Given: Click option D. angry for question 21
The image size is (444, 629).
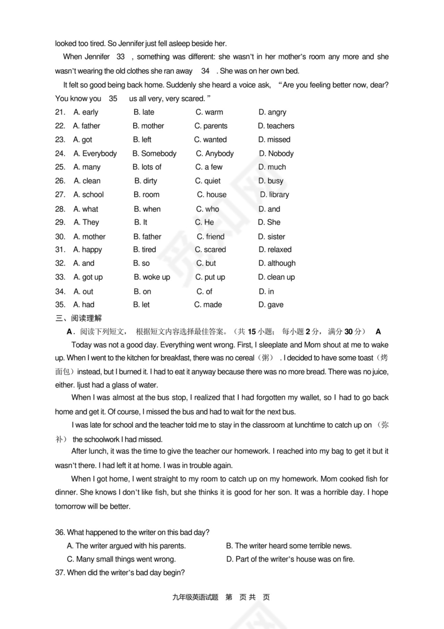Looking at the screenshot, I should point(272,113).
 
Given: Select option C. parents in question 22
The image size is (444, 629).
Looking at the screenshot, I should point(211,126).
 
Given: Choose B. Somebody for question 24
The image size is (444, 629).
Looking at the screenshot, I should point(154,153).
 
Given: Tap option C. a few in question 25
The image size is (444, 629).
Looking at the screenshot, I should point(209,167).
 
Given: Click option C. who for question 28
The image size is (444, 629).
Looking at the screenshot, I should point(208,209).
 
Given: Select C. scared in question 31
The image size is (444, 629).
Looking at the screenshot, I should point(210,250).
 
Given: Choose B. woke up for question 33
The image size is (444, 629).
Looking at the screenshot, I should point(151,277).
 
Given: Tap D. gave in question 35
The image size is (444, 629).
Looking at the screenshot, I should point(271,305).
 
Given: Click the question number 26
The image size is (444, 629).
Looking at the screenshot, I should point(60,181).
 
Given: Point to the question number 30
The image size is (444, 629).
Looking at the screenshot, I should point(60,236).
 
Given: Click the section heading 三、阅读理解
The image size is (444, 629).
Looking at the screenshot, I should point(78,318).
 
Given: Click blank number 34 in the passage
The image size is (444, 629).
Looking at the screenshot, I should point(205,71).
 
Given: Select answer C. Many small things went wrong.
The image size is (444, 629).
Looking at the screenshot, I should point(121,559).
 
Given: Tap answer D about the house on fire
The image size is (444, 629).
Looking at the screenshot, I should point(290,559).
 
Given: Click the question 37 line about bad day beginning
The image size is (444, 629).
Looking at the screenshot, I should point(120,573).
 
